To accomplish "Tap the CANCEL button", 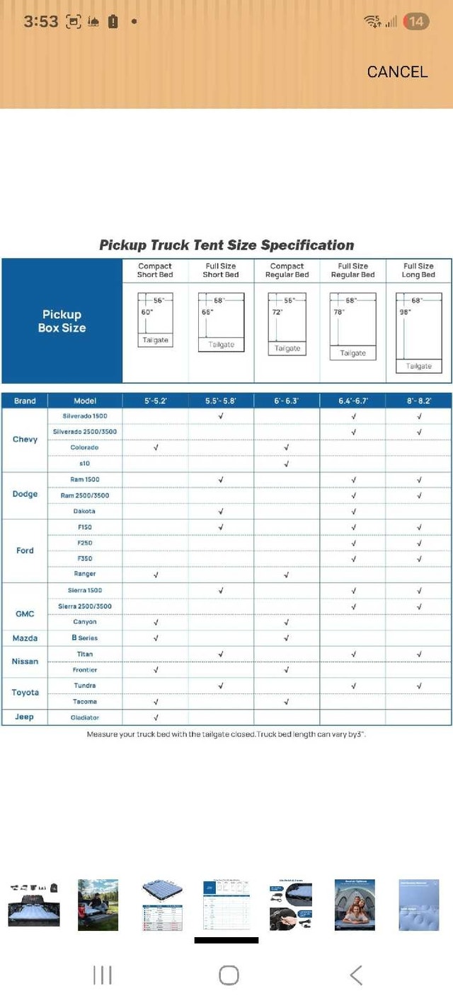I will [397, 71].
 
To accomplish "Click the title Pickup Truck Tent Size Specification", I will [226, 245].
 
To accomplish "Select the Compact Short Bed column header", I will [155, 271].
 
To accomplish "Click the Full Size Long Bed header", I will [419, 271].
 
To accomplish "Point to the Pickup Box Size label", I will [62, 321].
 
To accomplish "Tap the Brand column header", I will [25, 401].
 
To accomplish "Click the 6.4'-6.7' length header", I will [353, 401].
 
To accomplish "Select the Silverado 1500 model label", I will [85, 416].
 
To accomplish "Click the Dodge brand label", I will [25, 494].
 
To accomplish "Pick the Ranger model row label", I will [85, 574].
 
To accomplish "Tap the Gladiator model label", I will [85, 717].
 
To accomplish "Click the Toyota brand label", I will [25, 693].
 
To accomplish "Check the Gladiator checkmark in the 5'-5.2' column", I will [156, 718].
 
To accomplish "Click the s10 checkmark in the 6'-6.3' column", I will [287, 464].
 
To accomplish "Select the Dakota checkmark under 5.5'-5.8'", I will [221, 511].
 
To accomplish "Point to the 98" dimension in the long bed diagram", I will [405, 311].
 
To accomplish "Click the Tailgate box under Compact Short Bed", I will [155, 340].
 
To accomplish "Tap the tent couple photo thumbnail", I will [354, 905].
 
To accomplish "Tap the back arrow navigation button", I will [356, 976].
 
